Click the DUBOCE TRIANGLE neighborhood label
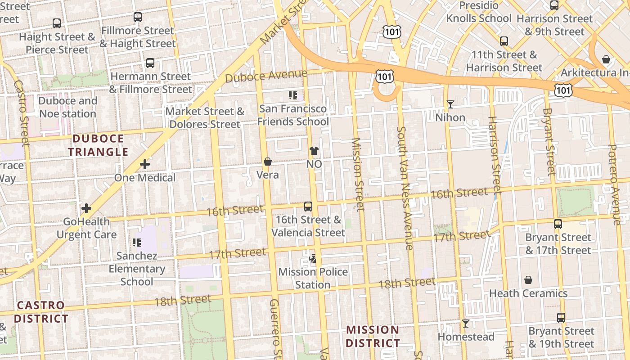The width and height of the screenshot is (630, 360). tap(98, 145)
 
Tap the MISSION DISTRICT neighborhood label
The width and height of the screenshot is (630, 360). tap(373, 336)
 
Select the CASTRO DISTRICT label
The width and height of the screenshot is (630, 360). tap(41, 312)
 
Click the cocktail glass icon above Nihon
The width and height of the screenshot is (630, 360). tap(450, 104)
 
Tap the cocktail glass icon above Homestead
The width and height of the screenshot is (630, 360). tap(466, 324)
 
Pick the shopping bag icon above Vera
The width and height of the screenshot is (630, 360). tap(268, 162)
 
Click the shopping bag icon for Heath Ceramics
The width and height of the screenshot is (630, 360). tap(528, 280)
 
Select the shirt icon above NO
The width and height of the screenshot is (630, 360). tap(314, 151)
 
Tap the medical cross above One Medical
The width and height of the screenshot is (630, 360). tap(144, 165)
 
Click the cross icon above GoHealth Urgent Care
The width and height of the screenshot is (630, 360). tap(86, 208)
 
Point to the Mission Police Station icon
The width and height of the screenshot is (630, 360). tap(313, 259)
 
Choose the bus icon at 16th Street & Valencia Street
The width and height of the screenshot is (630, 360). tap(308, 207)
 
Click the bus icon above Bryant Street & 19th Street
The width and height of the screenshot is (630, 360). tap(561, 318)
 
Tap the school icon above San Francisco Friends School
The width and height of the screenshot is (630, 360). tap(293, 95)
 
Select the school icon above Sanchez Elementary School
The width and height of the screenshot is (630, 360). tap(137, 243)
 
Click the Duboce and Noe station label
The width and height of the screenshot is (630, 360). tap(67, 107)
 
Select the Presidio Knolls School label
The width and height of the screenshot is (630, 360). tap(479, 12)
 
